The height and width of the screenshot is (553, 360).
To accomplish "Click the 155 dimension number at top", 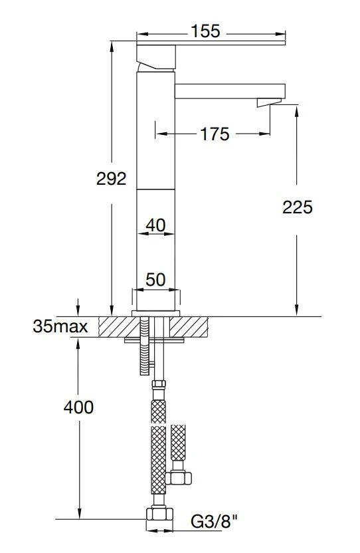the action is [x=205, y=31].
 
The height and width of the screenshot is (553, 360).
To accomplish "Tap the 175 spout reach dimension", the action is [x=215, y=134].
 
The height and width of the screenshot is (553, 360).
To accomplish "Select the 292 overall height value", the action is [x=111, y=179].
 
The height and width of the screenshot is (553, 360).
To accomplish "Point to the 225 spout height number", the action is [x=298, y=207].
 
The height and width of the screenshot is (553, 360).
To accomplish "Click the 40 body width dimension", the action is [x=155, y=225].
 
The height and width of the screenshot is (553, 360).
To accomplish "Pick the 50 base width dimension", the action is [x=155, y=280].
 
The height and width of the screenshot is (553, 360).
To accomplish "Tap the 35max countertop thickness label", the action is [x=60, y=326].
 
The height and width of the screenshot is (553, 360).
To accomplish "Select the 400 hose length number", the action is [x=78, y=407].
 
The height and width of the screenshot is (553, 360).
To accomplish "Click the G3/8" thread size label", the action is [x=215, y=521].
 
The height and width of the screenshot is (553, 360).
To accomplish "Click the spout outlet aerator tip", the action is [x=269, y=102].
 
